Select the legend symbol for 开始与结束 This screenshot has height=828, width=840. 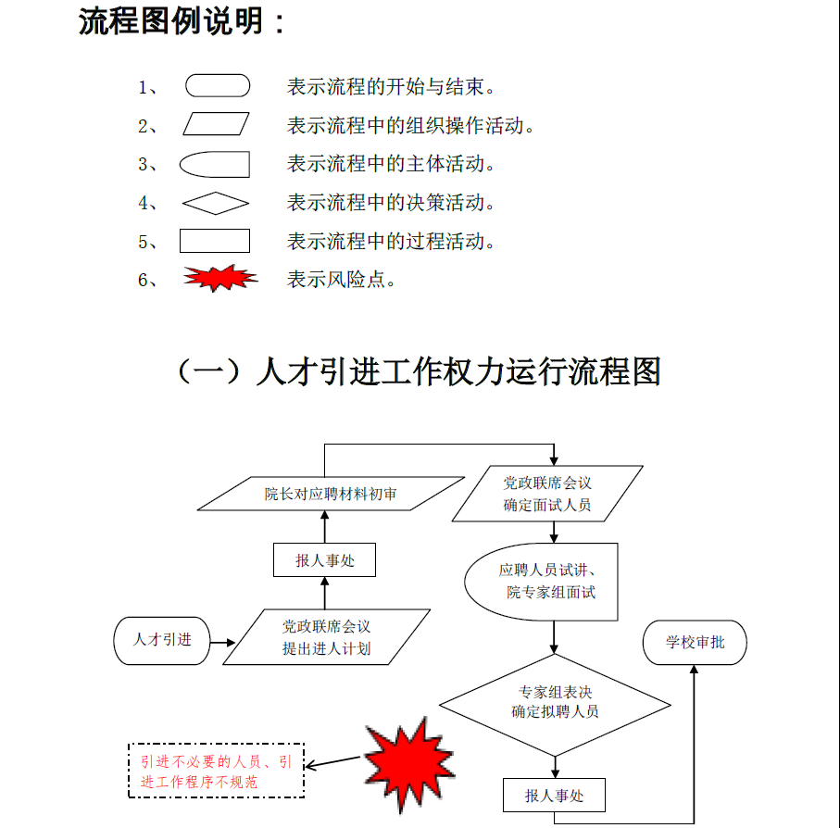[218, 86]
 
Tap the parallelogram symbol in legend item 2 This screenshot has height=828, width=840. [217, 125]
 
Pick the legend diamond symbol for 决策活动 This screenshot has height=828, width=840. [216, 203]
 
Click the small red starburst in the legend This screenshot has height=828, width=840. [219, 278]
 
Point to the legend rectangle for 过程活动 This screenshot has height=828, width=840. [214, 242]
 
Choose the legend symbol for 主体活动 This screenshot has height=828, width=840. [215, 165]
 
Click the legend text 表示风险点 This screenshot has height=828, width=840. [342, 280]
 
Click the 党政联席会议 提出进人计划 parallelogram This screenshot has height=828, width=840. [326, 637]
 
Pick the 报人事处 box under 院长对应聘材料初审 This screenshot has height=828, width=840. [324, 560]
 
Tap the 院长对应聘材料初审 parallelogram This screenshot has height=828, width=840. [331, 494]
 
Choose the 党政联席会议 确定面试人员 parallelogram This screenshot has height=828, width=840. [547, 495]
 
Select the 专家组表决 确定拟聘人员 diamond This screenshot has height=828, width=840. [554, 703]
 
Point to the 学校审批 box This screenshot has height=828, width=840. [695, 643]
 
